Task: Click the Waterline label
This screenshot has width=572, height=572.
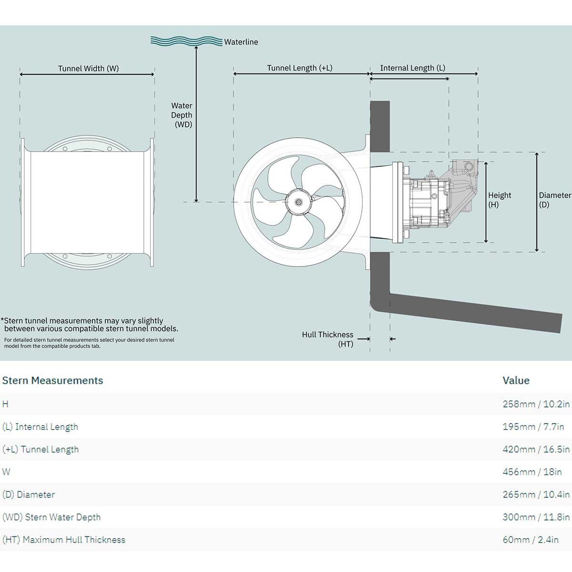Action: pyautogui.click(x=241, y=42)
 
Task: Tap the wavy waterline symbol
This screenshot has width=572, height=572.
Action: pyautogui.click(x=186, y=41)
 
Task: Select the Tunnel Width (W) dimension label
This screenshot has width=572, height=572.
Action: pyautogui.click(x=88, y=68)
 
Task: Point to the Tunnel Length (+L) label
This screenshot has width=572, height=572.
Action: pyautogui.click(x=299, y=68)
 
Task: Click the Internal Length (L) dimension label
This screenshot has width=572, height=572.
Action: pyautogui.click(x=412, y=68)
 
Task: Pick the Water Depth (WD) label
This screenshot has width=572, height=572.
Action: pyautogui.click(x=182, y=115)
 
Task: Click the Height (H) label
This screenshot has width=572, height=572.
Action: pyautogui.click(x=499, y=200)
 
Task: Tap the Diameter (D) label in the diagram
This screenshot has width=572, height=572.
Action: pyautogui.click(x=554, y=200)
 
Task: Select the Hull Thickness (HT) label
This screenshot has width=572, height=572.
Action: pyautogui.click(x=327, y=339)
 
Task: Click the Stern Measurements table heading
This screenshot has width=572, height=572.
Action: pyautogui.click(x=52, y=380)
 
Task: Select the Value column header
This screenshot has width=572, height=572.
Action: pyautogui.click(x=516, y=380)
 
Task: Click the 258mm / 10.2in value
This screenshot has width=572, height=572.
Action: pyautogui.click(x=536, y=404)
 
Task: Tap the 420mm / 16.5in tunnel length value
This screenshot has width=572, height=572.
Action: pyautogui.click(x=536, y=449)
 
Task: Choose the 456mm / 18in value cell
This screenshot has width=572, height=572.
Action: pyautogui.click(x=532, y=472)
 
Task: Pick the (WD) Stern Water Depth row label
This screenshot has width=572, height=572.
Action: pyautogui.click(x=51, y=517)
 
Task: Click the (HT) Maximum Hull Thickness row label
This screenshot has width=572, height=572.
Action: pyautogui.click(x=64, y=540)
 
